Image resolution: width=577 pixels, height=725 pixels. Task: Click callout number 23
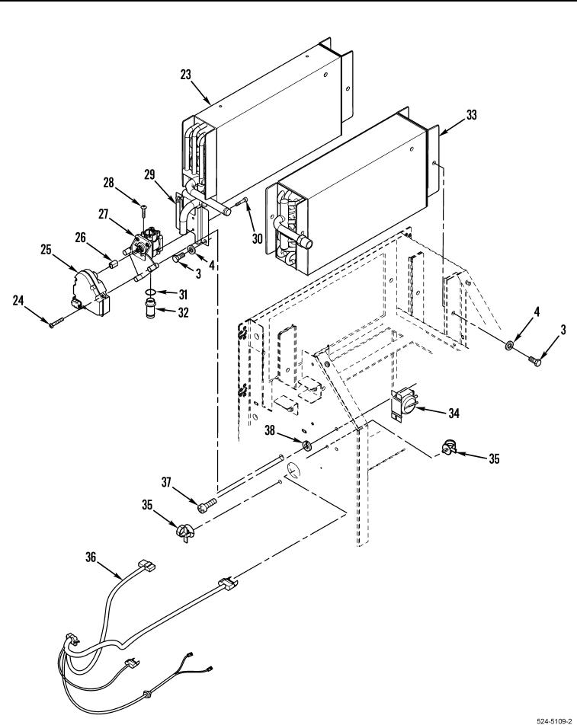pyautogui.click(x=185, y=75)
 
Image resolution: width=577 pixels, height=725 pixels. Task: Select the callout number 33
pyautogui.click(x=471, y=115)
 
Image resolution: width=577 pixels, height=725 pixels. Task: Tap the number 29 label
pyautogui.click(x=149, y=175)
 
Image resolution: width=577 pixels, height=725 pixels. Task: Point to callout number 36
pyautogui.click(x=91, y=557)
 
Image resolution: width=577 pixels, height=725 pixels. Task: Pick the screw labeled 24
pyautogui.click(x=57, y=321)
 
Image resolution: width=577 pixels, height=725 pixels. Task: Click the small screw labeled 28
pyautogui.click(x=143, y=212)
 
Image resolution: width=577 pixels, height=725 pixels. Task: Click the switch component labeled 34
pyautogui.click(x=403, y=403)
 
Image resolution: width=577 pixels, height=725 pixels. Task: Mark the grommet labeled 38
pyautogui.click(x=306, y=446)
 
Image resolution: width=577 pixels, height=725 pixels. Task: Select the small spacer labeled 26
pyautogui.click(x=114, y=265)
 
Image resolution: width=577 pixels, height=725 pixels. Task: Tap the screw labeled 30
pyautogui.click(x=242, y=202)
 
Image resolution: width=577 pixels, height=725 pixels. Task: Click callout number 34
pyautogui.click(x=454, y=413)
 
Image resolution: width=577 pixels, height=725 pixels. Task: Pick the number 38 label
pyautogui.click(x=269, y=430)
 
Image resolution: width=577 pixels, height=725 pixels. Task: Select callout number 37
pyautogui.click(x=166, y=482)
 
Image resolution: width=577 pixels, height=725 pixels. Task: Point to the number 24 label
pyautogui.click(x=18, y=301)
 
